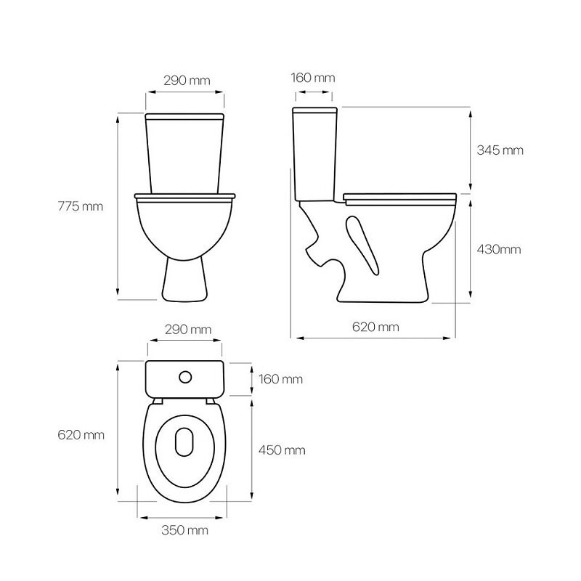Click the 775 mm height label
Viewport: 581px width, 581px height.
[81, 206]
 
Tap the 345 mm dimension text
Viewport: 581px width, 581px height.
[500, 150]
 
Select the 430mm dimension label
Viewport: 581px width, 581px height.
[499, 249]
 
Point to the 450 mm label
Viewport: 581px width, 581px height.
[282, 450]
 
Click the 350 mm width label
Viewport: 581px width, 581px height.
[185, 530]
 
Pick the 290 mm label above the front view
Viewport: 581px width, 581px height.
[187, 81]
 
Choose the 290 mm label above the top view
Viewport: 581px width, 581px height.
[188, 330]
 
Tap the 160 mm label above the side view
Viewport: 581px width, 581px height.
[313, 78]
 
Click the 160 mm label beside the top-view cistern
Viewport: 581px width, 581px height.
[280, 379]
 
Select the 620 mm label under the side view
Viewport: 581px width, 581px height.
[375, 327]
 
